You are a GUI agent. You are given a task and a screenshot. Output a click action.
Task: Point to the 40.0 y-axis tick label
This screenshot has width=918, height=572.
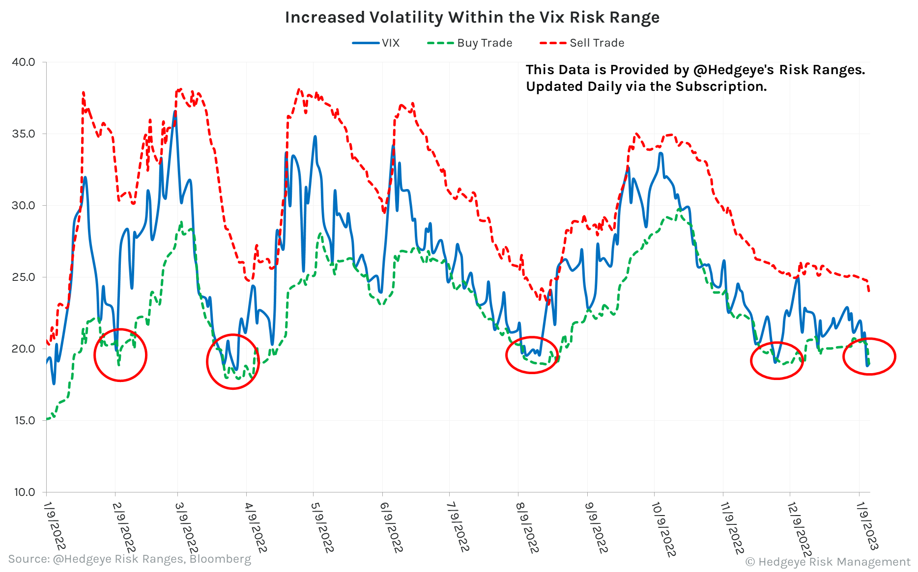pos(24,62)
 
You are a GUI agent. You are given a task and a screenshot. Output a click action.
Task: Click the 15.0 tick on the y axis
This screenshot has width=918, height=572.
pos(24,421)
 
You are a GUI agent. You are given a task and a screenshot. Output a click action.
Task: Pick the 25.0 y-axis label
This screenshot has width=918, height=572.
pos(24,277)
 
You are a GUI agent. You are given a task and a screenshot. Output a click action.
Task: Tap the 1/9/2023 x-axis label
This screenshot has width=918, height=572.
pos(867,525)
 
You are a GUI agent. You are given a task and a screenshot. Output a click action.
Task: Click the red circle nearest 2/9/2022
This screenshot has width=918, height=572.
pos(120,355)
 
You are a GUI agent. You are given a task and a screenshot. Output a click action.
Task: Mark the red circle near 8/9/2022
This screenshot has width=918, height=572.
pos(532,355)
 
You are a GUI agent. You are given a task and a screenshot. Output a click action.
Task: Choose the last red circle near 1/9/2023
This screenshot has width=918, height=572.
pos(869,356)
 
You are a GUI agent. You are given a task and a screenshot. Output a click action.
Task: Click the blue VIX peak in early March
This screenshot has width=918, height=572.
pos(175,112)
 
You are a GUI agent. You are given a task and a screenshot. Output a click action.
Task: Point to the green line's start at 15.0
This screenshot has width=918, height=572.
pos(47,419)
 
